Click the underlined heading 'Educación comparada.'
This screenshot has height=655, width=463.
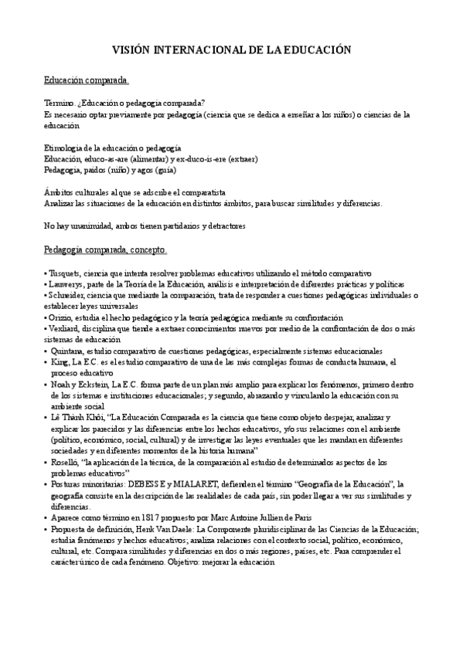coord(86,80)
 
